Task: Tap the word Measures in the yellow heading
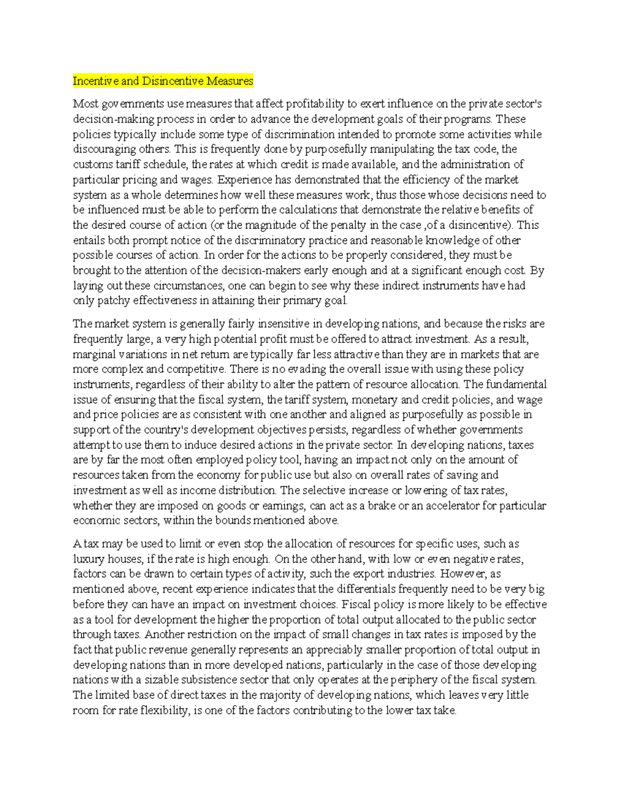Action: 230,81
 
